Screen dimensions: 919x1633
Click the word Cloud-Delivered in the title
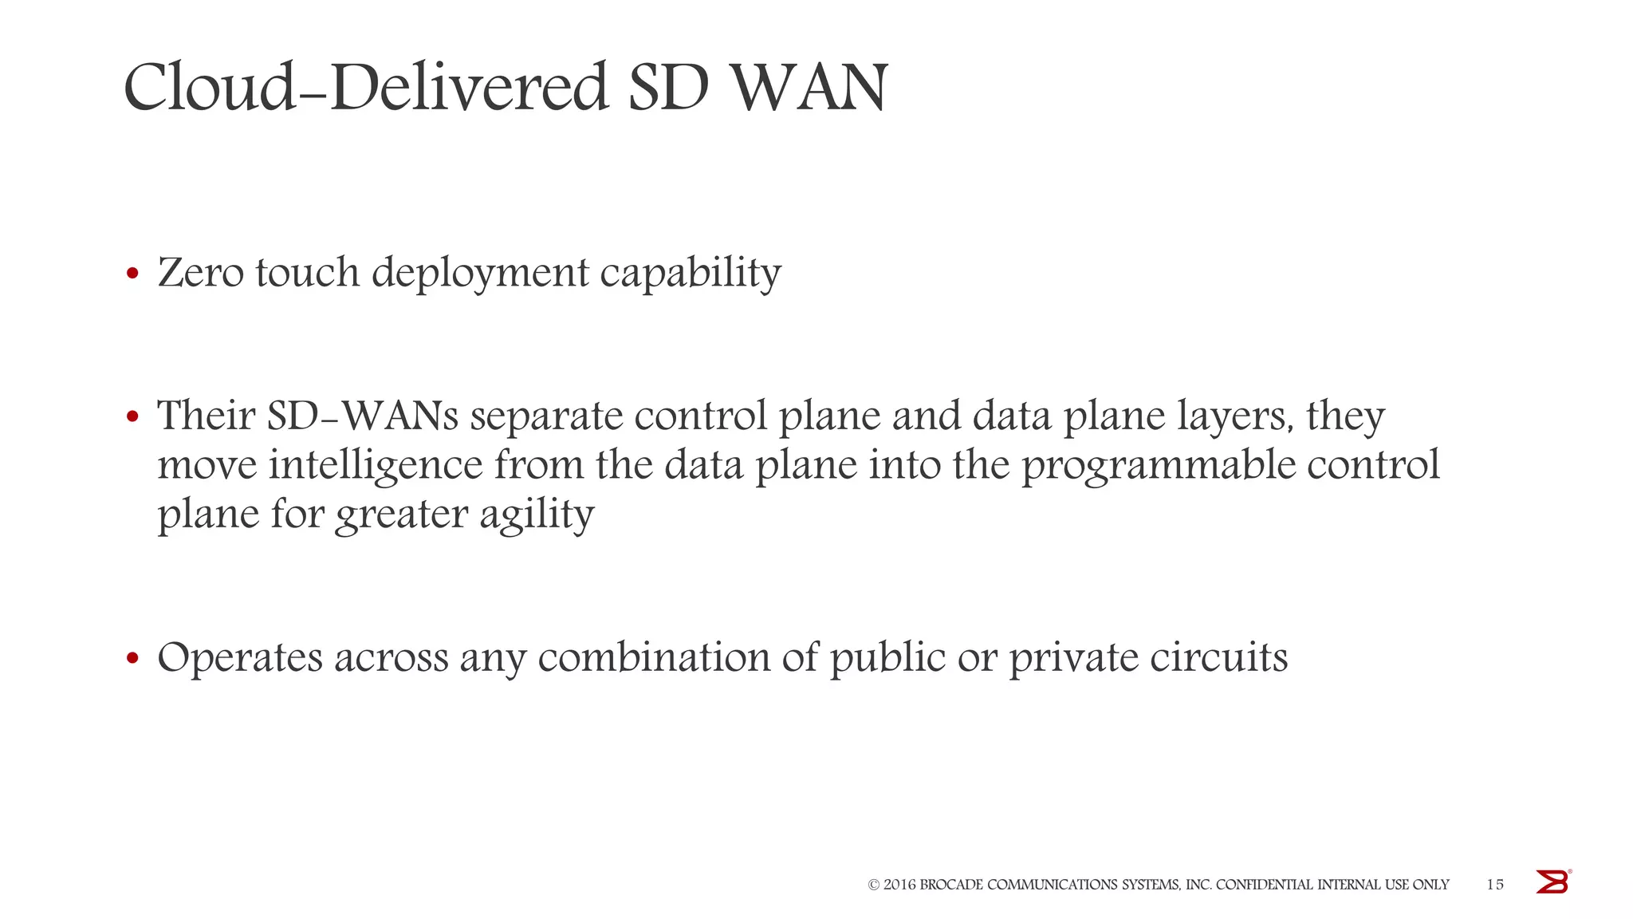coord(365,87)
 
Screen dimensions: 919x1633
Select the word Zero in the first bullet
coord(201,273)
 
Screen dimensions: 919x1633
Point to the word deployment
coord(480,274)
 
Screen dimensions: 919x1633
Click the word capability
coord(691,274)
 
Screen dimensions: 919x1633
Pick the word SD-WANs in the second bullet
coord(363,416)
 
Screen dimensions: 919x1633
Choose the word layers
coord(1236,417)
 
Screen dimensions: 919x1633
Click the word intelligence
coord(376,466)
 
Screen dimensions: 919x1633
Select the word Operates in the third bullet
coord(240,659)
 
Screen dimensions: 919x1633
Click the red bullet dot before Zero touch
coord(133,274)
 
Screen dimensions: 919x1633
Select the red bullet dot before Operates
coord(133,659)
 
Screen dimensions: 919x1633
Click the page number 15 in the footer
coord(1495,885)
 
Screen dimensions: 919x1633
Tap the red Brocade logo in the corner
coord(1552,882)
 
